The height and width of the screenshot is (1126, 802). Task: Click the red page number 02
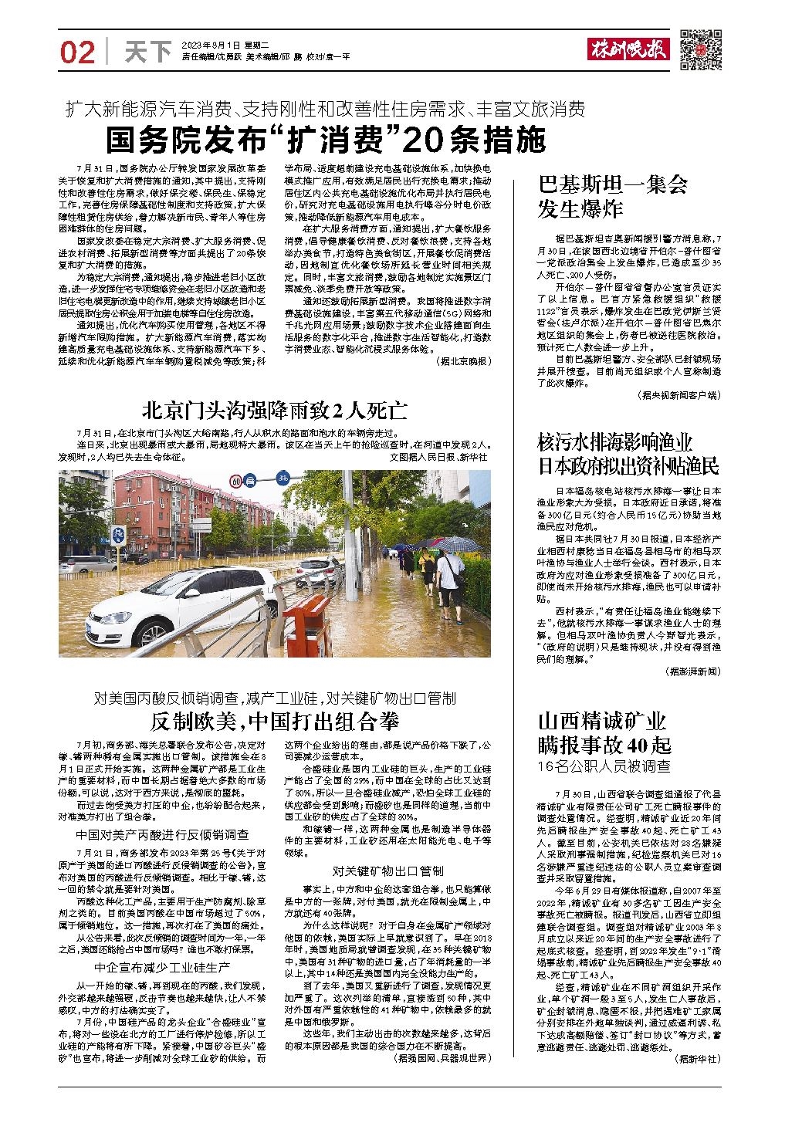[x=77, y=53]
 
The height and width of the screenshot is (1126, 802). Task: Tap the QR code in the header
[x=701, y=51]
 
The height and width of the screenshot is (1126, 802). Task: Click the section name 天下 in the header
[x=148, y=52]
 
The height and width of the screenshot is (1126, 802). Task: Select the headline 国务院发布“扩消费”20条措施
[x=325, y=140]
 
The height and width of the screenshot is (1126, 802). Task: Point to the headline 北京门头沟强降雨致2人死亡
[x=274, y=409]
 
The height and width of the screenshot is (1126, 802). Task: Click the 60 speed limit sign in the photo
[x=236, y=481]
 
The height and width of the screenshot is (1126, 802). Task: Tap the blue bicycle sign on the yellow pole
[x=118, y=535]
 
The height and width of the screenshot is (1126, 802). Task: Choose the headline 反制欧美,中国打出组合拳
[x=274, y=722]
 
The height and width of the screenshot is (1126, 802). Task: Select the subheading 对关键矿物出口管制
[x=388, y=871]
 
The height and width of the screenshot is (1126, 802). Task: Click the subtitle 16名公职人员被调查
[x=604, y=766]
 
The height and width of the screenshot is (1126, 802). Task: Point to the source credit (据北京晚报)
[x=462, y=360]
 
